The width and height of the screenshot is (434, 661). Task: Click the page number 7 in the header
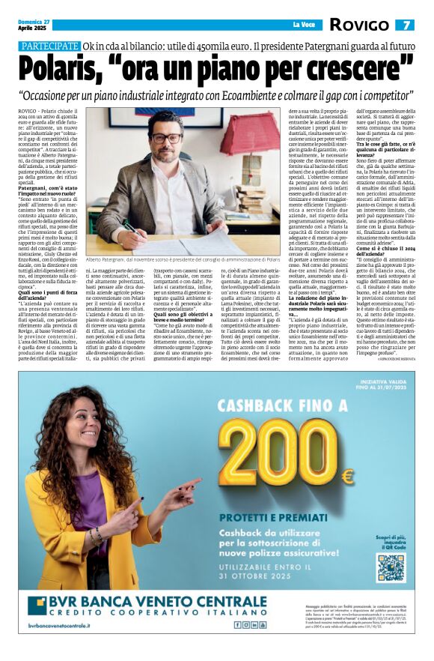(x=404, y=25)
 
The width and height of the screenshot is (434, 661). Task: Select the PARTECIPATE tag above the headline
(x=49, y=46)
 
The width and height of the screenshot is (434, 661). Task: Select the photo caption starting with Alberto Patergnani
(x=183, y=258)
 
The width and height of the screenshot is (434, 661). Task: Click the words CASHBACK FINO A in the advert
(x=277, y=405)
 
